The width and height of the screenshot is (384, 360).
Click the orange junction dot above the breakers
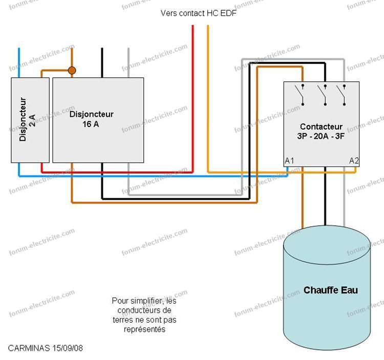click(x=72, y=71)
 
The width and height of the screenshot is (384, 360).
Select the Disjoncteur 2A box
click(x=30, y=120)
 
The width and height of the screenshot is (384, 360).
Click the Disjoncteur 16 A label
click(x=91, y=119)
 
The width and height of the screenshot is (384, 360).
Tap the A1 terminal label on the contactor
click(x=289, y=161)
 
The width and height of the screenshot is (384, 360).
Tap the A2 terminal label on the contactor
click(x=354, y=161)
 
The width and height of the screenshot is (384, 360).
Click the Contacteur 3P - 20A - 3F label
click(x=321, y=131)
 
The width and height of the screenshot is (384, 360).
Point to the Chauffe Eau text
click(x=331, y=290)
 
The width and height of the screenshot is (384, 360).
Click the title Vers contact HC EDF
click(x=199, y=13)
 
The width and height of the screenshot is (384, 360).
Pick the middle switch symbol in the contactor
click(x=322, y=95)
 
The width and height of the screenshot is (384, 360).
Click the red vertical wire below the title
click(x=193, y=98)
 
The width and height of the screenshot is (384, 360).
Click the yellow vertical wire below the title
click(x=208, y=98)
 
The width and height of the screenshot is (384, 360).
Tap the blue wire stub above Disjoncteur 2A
click(x=19, y=63)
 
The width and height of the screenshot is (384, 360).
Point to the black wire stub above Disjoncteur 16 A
click(x=102, y=63)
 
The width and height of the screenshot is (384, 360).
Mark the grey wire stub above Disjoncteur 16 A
click(x=129, y=63)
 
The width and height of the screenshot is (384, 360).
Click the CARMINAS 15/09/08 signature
click(x=46, y=348)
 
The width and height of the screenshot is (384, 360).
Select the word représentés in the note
click(x=144, y=329)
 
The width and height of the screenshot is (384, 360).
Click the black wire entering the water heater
click(x=325, y=196)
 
